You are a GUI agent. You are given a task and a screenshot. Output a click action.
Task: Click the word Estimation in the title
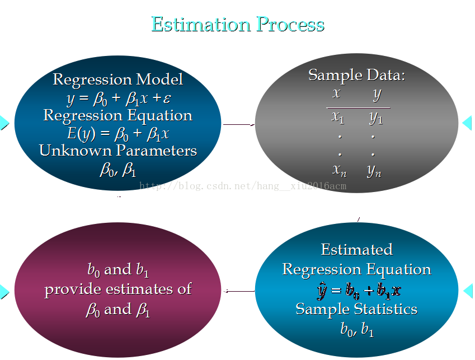coord(201,24)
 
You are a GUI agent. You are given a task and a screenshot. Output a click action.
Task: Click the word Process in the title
coord(290,24)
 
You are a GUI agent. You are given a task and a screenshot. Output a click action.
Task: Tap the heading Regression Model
coord(118,80)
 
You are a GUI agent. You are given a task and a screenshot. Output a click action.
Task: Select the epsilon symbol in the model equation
coord(167,98)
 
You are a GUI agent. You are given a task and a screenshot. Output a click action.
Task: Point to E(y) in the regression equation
coord(81,133)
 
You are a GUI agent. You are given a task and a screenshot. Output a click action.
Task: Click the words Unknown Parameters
coord(118,151)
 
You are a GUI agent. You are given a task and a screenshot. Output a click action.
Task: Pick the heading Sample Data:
coord(356,75)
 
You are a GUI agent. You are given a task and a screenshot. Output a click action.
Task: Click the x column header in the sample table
coord(336,93)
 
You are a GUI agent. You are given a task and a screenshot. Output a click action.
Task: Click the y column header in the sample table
coord(377,95)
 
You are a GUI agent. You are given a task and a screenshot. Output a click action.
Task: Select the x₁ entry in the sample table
coord(338,117)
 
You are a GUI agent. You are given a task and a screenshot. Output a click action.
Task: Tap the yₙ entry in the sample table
coord(374,171)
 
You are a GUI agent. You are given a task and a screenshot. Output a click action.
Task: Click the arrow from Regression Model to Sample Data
coord(239,124)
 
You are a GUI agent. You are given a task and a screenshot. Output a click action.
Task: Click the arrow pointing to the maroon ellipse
coord(239,291)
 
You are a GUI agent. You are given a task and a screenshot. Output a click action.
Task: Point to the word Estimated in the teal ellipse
coord(357,250)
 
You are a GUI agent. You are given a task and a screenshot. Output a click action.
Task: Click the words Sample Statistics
coord(356,310)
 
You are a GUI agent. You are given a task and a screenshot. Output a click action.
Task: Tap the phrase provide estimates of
coord(118,289)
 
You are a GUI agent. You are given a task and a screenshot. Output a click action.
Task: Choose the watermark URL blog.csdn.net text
coord(243,186)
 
